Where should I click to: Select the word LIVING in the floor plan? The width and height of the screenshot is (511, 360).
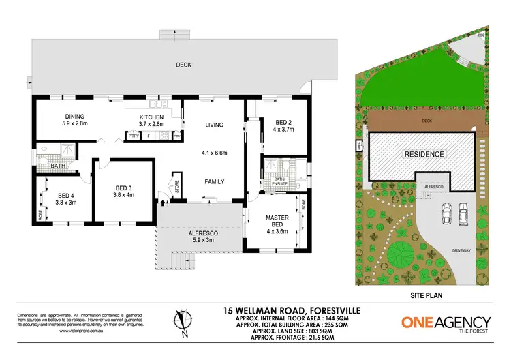pyautogui.click(x=215, y=125)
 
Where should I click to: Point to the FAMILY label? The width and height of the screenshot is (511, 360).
pyautogui.click(x=215, y=181)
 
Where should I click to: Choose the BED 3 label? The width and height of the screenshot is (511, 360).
pyautogui.click(x=123, y=187)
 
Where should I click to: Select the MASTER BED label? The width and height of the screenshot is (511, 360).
pyautogui.click(x=277, y=221)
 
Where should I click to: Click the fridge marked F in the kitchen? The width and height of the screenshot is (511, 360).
pyautogui.click(x=149, y=136)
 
